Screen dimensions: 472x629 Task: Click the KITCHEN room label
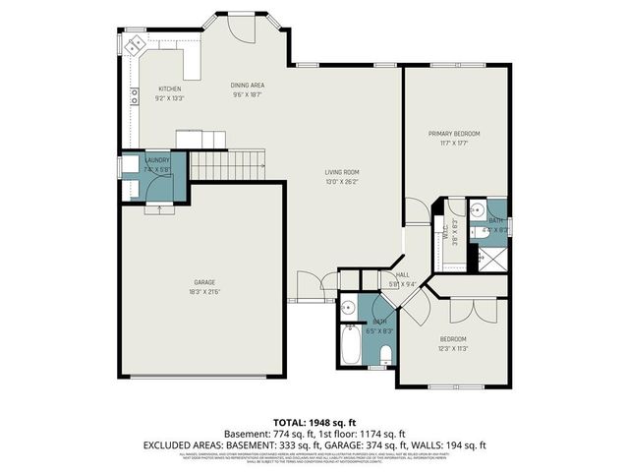[x=170, y=89]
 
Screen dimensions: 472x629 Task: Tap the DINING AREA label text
[x=248, y=86]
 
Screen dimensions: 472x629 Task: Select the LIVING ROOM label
[x=342, y=172]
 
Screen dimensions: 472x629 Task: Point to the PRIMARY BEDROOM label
[x=453, y=133]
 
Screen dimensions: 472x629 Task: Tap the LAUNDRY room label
[x=157, y=160]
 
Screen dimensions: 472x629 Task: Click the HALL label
[x=402, y=275]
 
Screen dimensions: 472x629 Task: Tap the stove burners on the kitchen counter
[x=133, y=96]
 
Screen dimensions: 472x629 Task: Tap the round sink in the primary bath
[x=475, y=208]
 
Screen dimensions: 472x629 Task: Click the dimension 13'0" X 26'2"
[x=342, y=181]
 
